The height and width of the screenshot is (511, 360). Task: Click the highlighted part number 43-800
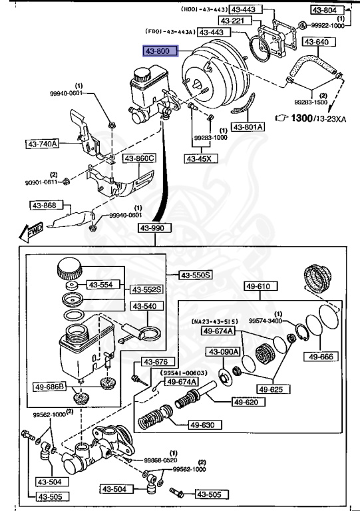click(159, 51)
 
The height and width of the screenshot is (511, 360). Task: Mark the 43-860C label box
click(139, 158)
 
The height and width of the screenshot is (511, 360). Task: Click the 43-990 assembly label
click(154, 228)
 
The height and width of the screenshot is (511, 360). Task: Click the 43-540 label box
click(144, 307)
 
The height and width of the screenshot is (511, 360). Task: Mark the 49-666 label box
click(324, 357)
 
